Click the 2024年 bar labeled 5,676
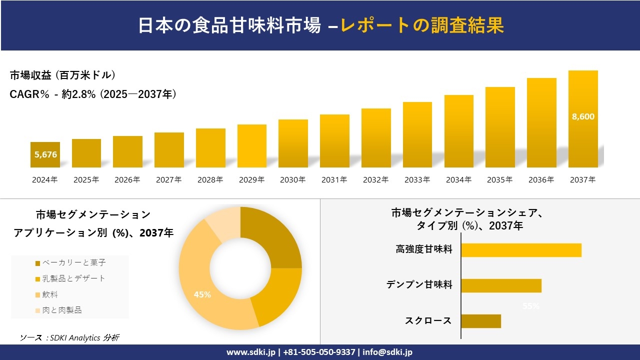[45, 154]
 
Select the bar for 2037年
[583, 119]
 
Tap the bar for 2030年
[293, 143]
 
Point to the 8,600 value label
[583, 116]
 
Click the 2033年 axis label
[417, 180]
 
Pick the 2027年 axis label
[168, 180]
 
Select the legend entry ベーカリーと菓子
[70, 263]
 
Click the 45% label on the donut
[202, 294]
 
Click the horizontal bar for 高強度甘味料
[521, 250]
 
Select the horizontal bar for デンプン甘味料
[501, 285]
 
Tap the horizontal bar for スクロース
[480, 321]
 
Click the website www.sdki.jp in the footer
[250, 352]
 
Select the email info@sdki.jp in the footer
[388, 352]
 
